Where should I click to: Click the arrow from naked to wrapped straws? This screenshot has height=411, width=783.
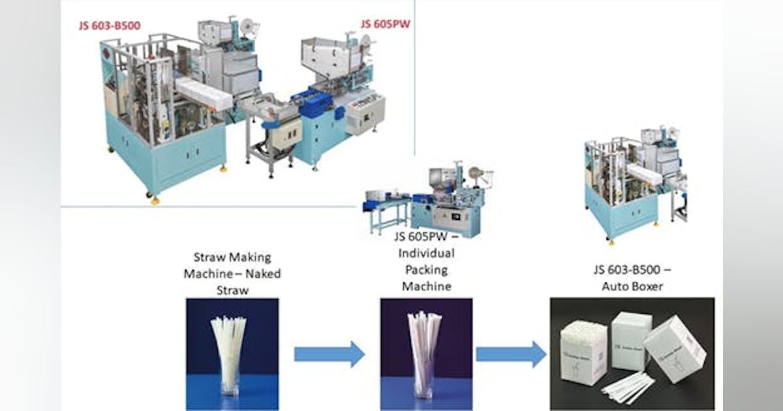coord(329,354)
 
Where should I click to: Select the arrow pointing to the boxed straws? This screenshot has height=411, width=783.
coord(510,354)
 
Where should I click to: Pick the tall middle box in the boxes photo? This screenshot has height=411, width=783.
coord(632,339)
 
